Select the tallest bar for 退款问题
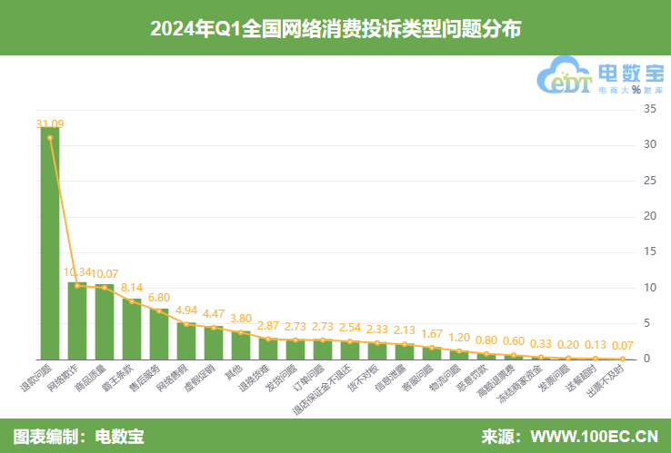(50, 245)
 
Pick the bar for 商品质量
(105, 322)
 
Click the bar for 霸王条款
(132, 329)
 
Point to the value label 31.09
(50, 123)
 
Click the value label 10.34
(76, 272)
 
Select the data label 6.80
(159, 297)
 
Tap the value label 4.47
(214, 314)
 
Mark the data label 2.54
(350, 328)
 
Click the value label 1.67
(432, 334)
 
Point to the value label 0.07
(623, 346)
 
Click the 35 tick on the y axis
(648, 109)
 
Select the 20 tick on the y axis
(648, 216)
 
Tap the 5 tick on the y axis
(648, 323)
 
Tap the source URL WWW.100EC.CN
(596, 436)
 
